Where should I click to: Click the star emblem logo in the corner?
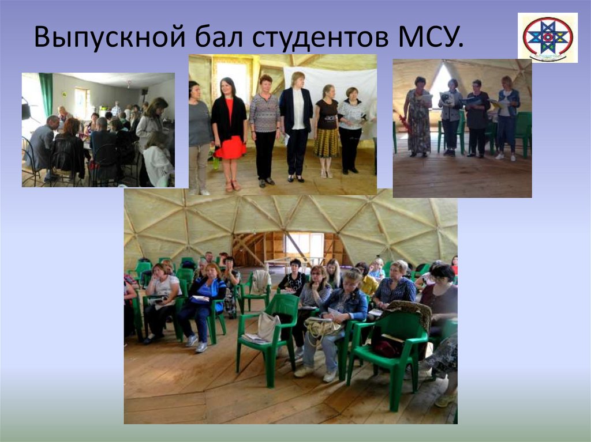click(x=547, y=37)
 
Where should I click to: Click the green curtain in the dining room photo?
click(x=46, y=92)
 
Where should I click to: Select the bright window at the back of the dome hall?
click(x=304, y=245)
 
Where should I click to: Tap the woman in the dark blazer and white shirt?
click(x=297, y=124)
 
